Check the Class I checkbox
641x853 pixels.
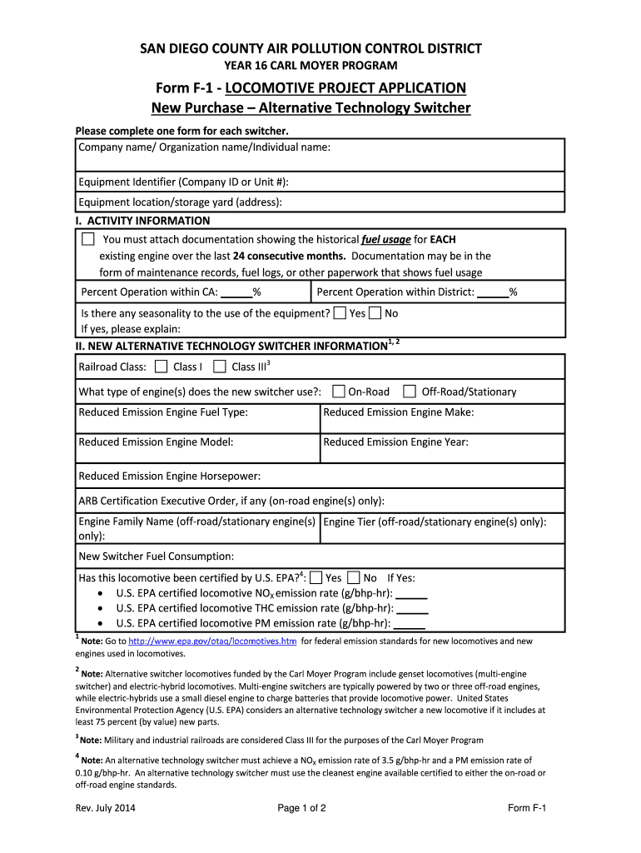pos(161,367)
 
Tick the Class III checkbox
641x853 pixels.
pos(220,367)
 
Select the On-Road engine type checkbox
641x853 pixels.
pos(339,392)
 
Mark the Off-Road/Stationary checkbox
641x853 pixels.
pos(410,392)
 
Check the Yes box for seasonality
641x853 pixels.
pos(340,313)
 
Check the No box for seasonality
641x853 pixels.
pos(375,313)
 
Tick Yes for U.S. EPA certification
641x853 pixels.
pos(316,578)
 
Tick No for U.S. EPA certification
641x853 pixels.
pos(354,578)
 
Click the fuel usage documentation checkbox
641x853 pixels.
pos(88,240)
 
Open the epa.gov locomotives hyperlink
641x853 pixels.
pos(213,641)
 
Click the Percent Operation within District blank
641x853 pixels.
pos(493,292)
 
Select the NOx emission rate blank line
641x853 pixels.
pos(411,594)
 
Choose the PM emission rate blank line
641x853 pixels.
pos(409,624)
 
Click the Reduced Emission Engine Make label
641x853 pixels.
pos(398,412)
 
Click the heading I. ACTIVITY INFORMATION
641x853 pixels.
pos(142,221)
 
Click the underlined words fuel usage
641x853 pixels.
pos(385,240)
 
